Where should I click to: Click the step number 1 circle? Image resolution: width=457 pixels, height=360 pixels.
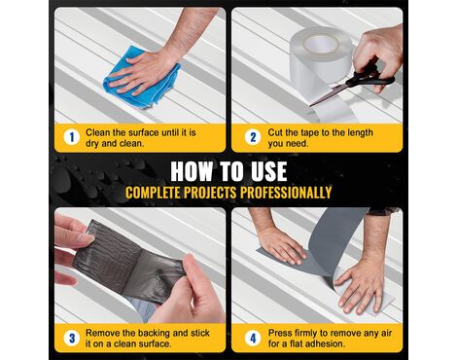pos(72,137)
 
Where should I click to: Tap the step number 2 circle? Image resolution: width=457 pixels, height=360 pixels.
pos(253,137)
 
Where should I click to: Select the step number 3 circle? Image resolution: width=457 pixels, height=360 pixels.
pos(72,338)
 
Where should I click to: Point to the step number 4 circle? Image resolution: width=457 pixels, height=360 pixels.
pos(253,338)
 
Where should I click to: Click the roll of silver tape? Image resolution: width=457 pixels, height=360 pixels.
pos(321,60)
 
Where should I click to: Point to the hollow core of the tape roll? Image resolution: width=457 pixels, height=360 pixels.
pos(321,44)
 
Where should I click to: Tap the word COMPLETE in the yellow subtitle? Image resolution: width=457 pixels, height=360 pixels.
pos(153,193)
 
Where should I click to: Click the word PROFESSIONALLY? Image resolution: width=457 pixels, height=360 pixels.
pos(286,193)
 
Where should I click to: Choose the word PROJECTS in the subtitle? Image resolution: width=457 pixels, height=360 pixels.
pos(210,193)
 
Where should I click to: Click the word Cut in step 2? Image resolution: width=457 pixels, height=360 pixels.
pos(274,132)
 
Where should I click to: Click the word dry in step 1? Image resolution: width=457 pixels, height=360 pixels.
pos(92,143)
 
